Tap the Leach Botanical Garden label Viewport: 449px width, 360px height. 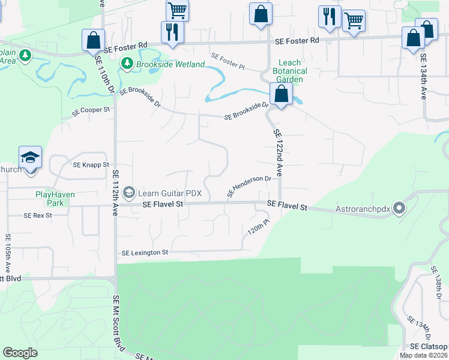(290, 71)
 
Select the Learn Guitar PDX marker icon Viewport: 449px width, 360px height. (128, 193)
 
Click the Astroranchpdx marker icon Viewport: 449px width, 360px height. (399, 209)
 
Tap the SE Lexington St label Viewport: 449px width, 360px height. (145, 253)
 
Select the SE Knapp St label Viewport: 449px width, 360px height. (91, 164)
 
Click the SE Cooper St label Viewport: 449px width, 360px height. (91, 111)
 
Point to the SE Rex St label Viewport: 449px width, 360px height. (38, 215)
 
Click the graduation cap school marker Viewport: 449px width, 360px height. (31, 158)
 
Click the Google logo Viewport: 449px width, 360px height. (20, 353)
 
